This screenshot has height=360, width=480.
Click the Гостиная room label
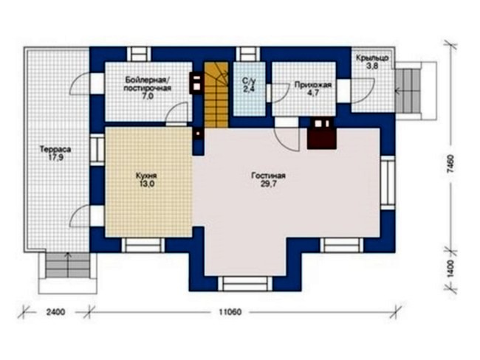point(269,176)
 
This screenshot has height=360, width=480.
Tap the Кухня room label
point(146,176)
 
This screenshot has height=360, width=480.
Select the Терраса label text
point(55,149)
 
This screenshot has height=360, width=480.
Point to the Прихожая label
point(313,85)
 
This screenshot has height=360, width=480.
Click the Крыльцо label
point(372,58)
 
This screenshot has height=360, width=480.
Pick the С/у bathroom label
point(249,81)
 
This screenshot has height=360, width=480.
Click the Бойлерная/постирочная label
point(148,84)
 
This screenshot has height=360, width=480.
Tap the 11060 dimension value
point(230,312)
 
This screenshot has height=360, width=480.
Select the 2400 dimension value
point(55,312)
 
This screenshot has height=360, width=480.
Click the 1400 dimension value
point(450,269)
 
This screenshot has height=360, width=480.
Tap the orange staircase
point(216,95)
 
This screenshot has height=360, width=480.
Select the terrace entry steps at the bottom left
point(68,265)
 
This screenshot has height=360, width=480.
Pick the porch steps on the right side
point(407,91)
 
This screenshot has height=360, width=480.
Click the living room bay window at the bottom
point(245,284)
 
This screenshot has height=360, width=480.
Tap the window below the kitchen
point(143,245)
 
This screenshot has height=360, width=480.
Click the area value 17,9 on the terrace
point(55,157)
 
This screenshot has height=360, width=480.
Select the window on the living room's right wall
point(388,183)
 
